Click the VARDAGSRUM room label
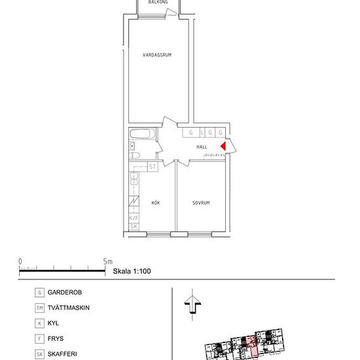(x=157, y=55)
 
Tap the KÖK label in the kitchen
(x=156, y=203)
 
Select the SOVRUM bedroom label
(x=201, y=203)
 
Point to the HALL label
(x=202, y=147)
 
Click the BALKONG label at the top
(x=158, y=2)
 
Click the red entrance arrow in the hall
(x=223, y=146)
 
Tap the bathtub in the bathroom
(x=142, y=134)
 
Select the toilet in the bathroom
(x=135, y=155)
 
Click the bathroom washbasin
(x=132, y=146)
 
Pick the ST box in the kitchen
(x=153, y=166)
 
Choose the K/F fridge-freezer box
(x=134, y=218)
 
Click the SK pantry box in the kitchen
(x=134, y=226)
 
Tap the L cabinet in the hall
(x=202, y=132)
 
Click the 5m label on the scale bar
(x=108, y=261)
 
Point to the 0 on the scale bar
(x=20, y=262)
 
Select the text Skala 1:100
(x=132, y=271)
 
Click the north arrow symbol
(x=192, y=304)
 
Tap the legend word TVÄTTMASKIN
(x=69, y=308)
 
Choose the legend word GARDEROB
(x=65, y=293)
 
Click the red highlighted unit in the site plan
(x=252, y=346)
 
